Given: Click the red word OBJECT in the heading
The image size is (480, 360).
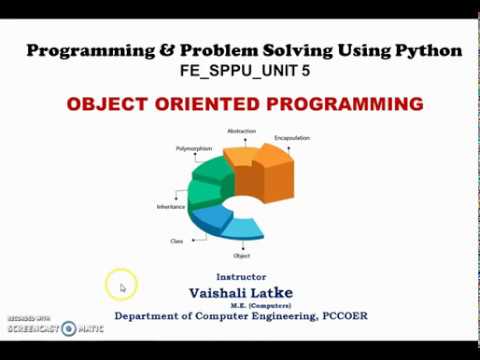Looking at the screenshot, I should [x=103, y=104].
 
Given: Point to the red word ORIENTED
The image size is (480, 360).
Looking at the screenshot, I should [x=203, y=104].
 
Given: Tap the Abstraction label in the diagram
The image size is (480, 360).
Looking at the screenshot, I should [x=242, y=131].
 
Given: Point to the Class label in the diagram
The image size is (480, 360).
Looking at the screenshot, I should [x=176, y=241].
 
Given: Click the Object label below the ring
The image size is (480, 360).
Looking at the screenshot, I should [x=241, y=256].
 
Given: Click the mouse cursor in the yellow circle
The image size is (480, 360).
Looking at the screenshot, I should [x=122, y=288].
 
